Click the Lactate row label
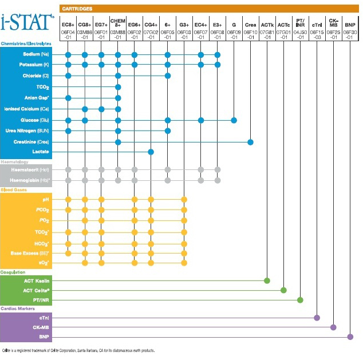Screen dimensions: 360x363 click(41, 152)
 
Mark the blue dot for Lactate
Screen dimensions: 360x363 click(151, 152)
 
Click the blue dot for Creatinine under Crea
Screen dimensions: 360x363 click(250, 141)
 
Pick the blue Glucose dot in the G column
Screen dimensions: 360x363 click(234, 120)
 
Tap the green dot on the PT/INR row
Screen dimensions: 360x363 click(299, 299)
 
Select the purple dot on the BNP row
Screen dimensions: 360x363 click(350, 337)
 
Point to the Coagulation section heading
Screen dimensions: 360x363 click(13, 272)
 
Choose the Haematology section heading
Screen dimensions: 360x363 click(14, 162)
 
